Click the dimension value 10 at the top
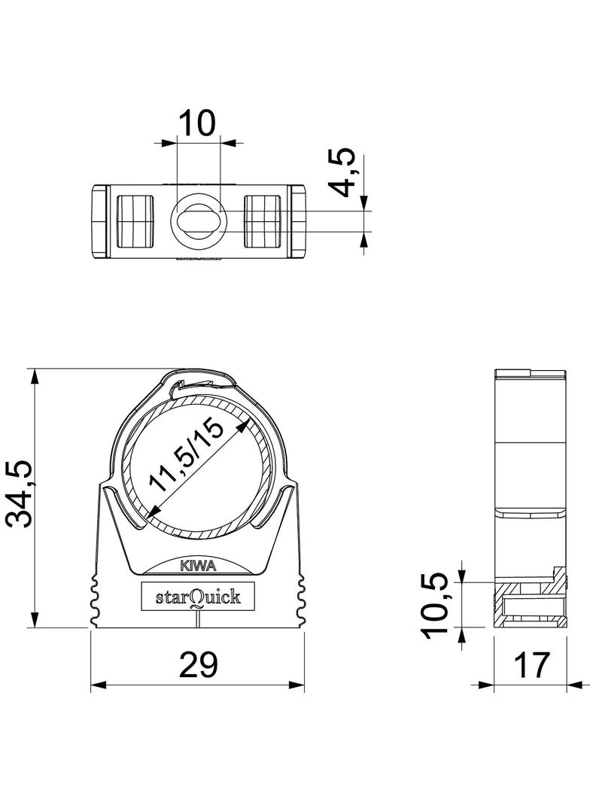(197, 121)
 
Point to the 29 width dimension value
(199, 664)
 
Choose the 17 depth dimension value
(531, 665)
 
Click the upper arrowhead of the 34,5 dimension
(34, 375)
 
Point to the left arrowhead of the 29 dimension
(96, 685)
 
